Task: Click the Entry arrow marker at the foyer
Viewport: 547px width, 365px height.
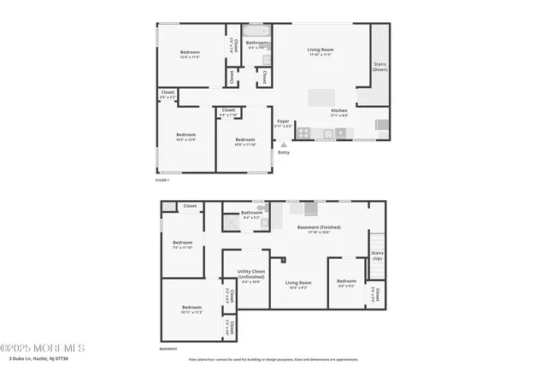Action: [x=284, y=145]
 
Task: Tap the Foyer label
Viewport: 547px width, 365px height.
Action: [x=284, y=123]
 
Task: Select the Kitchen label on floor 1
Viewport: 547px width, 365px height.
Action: [x=339, y=111]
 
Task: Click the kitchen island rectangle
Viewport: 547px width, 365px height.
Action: [x=323, y=96]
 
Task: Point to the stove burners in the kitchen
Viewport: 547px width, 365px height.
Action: [x=340, y=132]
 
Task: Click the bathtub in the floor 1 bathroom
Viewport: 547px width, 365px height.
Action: [x=256, y=32]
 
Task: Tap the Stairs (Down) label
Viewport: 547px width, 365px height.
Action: [x=379, y=67]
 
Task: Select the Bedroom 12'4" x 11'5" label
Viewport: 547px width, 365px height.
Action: [x=190, y=55]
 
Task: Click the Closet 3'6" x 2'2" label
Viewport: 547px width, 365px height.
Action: [x=168, y=95]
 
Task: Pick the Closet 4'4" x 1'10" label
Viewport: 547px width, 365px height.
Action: [x=228, y=112]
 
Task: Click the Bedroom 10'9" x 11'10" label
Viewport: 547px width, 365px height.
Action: [x=245, y=141]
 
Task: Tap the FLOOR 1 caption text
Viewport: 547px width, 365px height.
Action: [x=162, y=181]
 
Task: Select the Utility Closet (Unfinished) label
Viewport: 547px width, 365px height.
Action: [x=251, y=274]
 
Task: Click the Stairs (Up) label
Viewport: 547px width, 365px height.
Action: [x=376, y=256]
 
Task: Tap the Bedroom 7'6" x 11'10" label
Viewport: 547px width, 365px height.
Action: [x=183, y=244]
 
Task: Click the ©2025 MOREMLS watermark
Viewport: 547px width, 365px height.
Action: [x=43, y=348]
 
